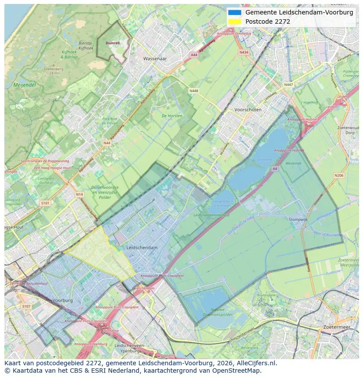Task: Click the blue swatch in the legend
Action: pos(235,12)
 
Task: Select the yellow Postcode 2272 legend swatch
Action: pos(235,22)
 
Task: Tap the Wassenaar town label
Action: pos(156,58)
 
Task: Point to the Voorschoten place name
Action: pos(248,110)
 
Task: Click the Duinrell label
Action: pos(113,43)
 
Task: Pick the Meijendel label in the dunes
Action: pos(24,85)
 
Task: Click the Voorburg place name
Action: pos(62,300)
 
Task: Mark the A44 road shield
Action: pos(194,55)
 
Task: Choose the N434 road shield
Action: pos(244,52)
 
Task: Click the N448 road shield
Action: pos(193,91)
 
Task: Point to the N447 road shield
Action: pos(288,85)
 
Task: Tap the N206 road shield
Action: pos(338,176)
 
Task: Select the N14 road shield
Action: pos(79,194)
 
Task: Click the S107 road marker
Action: pos(26,306)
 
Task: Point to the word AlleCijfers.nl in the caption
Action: pos(255,364)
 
